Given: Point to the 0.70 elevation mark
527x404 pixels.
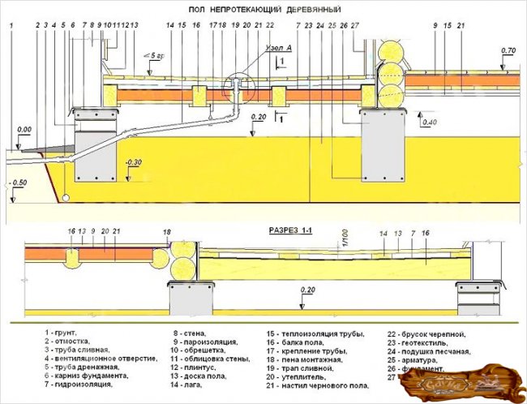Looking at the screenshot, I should pyautogui.click(x=508, y=51).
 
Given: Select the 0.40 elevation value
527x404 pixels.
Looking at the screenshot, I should pyautogui.click(x=429, y=122).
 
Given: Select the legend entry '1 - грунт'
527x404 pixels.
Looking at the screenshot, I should pyautogui.click(x=61, y=333).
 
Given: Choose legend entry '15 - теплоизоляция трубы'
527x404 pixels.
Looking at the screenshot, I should pyautogui.click(x=315, y=333).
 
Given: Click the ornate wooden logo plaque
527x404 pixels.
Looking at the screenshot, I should pyautogui.click(x=463, y=383).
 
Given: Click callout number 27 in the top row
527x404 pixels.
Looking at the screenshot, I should pyautogui.click(x=355, y=26).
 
